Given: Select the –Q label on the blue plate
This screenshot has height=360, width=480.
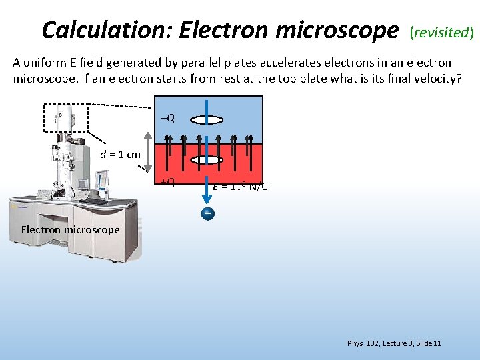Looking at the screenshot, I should [x=167, y=118].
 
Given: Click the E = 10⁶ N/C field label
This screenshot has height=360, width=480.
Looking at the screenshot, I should [x=241, y=186].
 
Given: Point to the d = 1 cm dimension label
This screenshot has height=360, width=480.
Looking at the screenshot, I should [x=120, y=155].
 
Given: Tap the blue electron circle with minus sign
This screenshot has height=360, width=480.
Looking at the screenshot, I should [x=208, y=213].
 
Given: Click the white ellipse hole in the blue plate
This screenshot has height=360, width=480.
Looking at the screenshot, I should [x=207, y=120].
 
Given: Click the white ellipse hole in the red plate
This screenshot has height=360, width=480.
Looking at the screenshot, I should [x=207, y=161].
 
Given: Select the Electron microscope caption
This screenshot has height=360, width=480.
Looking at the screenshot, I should [x=70, y=230].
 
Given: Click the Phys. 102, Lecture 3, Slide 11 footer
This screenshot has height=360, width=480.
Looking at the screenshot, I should [x=394, y=343].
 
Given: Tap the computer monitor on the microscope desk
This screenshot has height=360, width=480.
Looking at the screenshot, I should [x=101, y=180].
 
